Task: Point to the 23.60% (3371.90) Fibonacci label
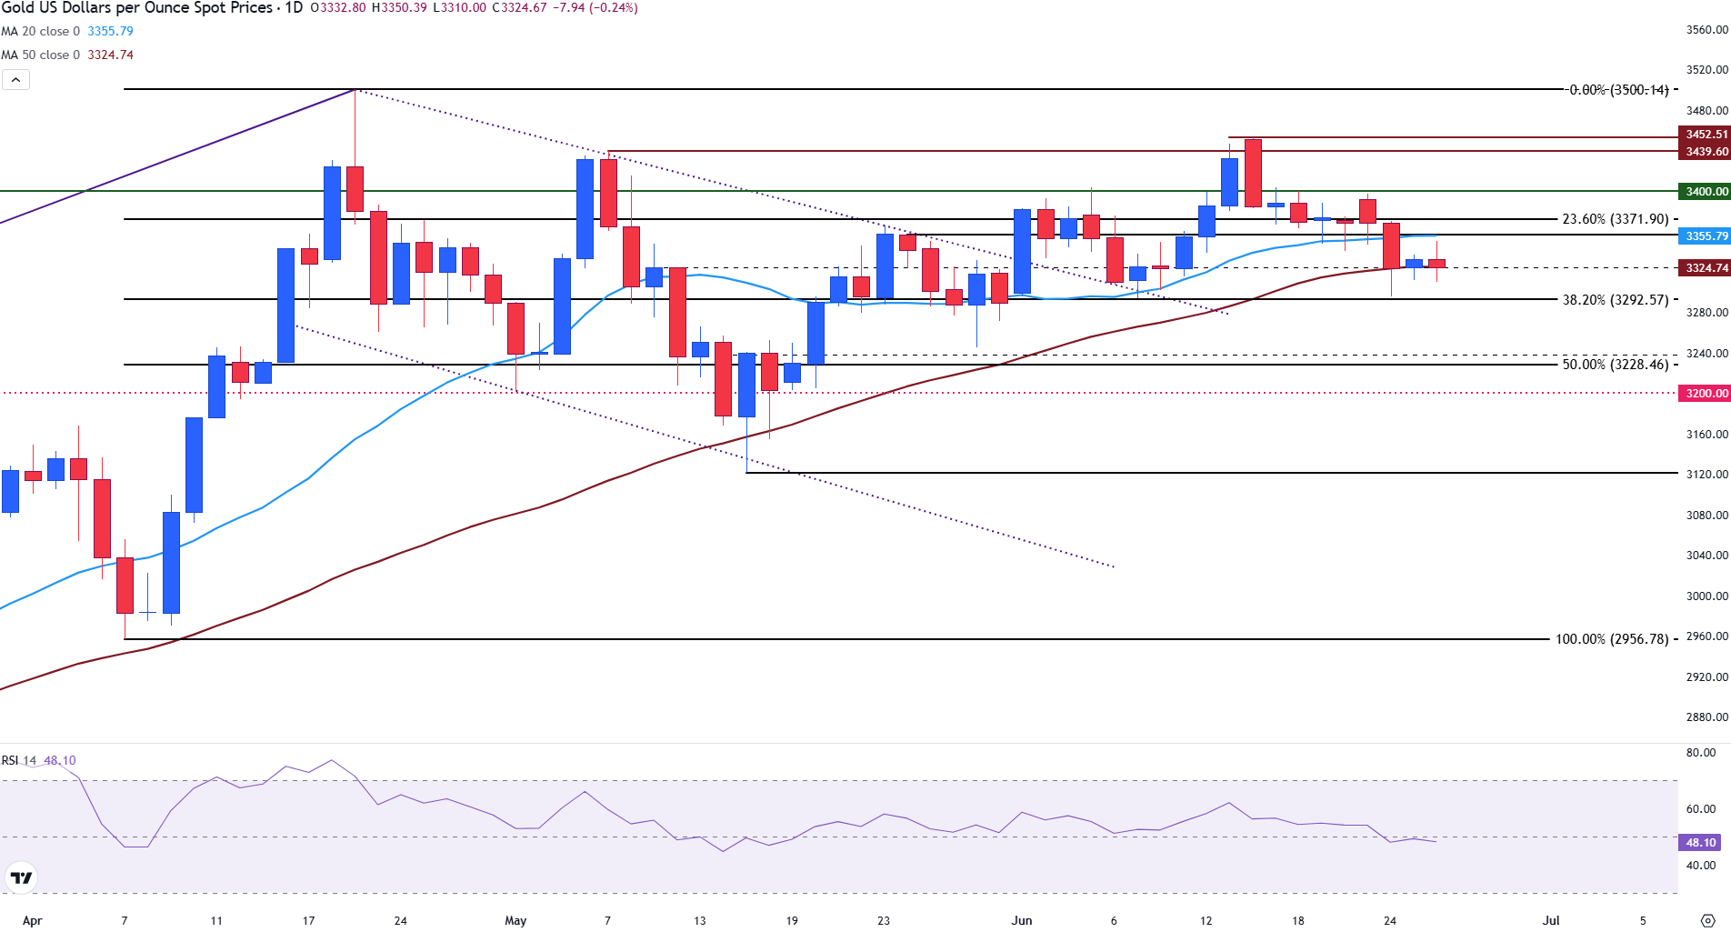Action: click(x=1615, y=219)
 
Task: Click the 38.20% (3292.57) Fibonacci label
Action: click(x=1615, y=300)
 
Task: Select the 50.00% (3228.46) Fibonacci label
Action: click(x=1615, y=365)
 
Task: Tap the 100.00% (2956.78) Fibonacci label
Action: click(x=1611, y=639)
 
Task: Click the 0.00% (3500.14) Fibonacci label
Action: click(x=1618, y=90)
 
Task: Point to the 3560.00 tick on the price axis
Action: click(x=1706, y=30)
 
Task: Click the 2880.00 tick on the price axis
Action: click(x=1706, y=717)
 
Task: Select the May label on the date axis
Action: click(x=515, y=920)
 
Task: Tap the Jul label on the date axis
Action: click(x=1550, y=920)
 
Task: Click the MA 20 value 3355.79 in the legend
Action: click(x=110, y=31)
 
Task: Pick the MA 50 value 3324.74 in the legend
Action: click(x=110, y=55)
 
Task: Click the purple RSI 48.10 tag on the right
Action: click(x=1700, y=843)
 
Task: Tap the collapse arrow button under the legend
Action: click(x=15, y=80)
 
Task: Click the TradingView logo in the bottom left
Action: click(x=21, y=877)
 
